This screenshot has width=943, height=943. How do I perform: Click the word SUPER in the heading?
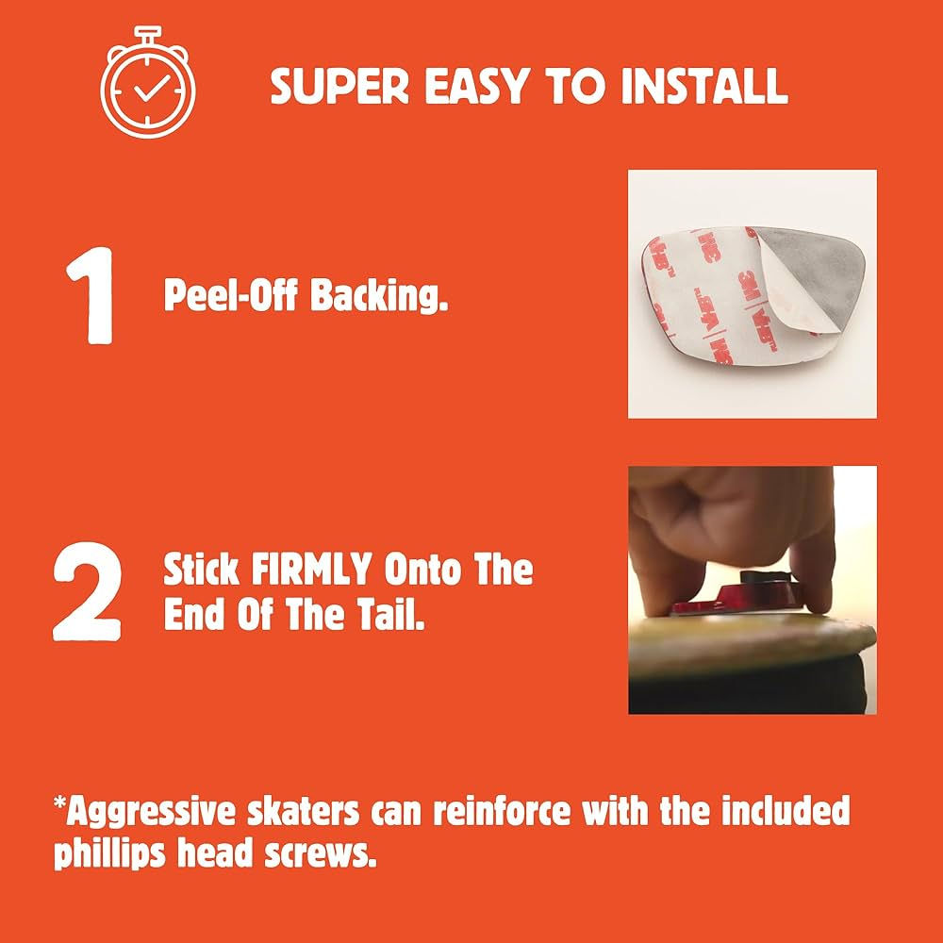tap(339, 86)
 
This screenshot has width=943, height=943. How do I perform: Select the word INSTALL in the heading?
tap(703, 86)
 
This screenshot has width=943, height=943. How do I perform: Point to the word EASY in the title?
tap(477, 86)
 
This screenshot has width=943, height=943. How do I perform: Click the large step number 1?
tap(91, 295)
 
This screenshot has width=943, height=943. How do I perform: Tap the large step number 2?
tap(88, 591)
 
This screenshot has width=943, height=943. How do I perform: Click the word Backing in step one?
tap(379, 295)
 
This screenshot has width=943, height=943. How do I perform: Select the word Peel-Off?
tap(231, 295)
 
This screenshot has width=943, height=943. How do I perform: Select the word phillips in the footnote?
tap(109, 854)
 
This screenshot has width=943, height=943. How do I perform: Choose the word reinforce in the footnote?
tap(502, 811)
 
